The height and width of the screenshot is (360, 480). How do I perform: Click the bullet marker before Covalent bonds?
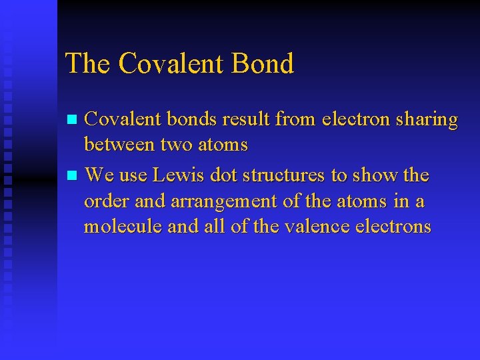pyautogui.click(x=73, y=121)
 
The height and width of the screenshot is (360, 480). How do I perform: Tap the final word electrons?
pyautogui.click(x=393, y=227)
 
